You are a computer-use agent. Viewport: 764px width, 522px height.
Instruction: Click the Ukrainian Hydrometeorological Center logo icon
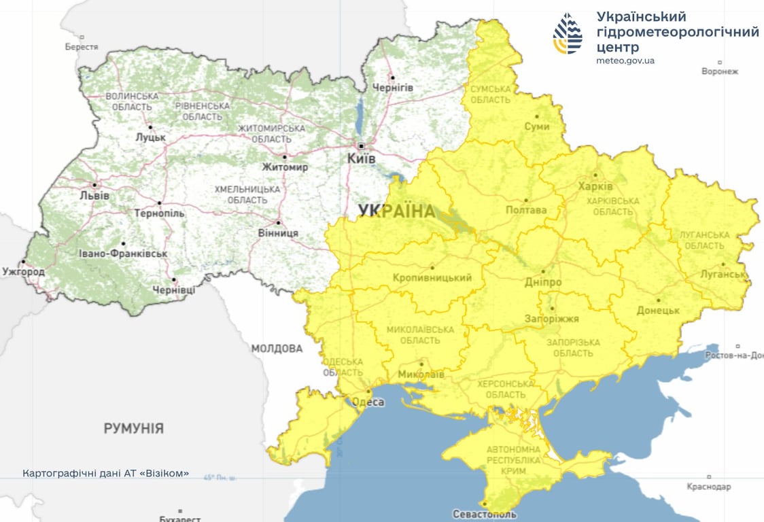point(568,33)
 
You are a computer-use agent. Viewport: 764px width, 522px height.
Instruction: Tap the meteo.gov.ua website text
point(625,60)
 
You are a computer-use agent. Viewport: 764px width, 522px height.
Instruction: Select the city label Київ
point(362,158)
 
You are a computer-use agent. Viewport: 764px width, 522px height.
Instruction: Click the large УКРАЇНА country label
point(396,211)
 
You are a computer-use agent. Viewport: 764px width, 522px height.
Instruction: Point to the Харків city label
point(595,186)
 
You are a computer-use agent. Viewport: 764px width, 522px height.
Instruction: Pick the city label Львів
point(94,196)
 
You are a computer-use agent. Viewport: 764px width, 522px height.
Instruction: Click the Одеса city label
point(368,402)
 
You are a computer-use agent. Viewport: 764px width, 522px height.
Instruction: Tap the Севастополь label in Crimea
point(485,514)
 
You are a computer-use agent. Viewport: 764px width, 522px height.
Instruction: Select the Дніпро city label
point(543,281)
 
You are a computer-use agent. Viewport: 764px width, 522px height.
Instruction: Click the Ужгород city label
point(23,272)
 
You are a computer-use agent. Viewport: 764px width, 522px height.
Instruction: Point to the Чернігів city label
point(392,88)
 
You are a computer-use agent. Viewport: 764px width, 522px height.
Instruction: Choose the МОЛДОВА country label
point(277,349)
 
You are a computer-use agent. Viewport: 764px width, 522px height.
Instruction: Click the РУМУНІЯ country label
point(133,428)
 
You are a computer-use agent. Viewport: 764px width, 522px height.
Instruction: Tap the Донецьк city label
point(658,310)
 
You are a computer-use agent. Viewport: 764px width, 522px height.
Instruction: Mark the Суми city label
point(537,126)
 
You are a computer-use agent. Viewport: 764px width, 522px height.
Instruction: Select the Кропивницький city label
point(432,278)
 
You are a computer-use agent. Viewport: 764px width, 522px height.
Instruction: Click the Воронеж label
point(719,71)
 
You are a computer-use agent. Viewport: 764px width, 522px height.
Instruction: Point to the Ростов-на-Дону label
point(734,355)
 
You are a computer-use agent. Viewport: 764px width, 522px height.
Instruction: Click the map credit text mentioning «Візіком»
point(105,473)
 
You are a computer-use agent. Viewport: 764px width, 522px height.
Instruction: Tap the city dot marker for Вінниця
point(278,222)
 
